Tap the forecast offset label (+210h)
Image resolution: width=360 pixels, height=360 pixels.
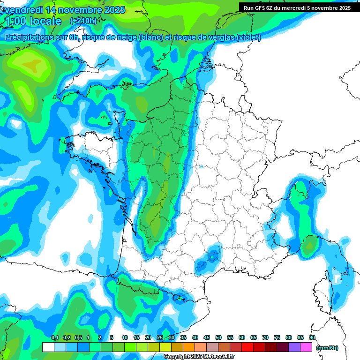point(83,21)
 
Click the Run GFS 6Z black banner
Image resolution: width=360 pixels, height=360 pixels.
point(297,7)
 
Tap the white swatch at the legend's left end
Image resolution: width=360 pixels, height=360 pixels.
point(48,347)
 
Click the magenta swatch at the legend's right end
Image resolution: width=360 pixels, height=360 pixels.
point(307,347)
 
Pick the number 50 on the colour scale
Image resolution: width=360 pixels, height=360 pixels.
point(218,338)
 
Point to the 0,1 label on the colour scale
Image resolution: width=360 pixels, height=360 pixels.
point(55,338)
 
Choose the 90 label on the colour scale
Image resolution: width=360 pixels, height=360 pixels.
point(312,338)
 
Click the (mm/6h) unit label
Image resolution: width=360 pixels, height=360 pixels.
point(328,347)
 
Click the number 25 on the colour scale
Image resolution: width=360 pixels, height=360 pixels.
point(160,338)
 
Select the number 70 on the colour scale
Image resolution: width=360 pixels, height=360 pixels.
point(265,338)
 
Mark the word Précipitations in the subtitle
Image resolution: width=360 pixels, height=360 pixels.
point(27,37)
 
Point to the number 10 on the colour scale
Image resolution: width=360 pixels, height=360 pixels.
point(125,338)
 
